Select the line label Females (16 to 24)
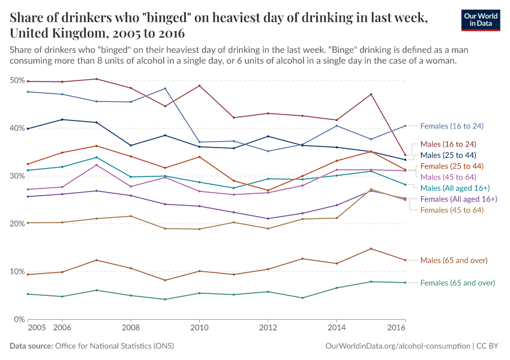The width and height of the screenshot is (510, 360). click(x=452, y=126)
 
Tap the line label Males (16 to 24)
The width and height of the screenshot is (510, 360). click(x=448, y=144)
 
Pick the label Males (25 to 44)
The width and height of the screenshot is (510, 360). click(x=448, y=155)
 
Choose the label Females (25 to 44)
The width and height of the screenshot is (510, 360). click(x=452, y=166)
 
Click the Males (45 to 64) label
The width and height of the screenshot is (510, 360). click(x=448, y=176)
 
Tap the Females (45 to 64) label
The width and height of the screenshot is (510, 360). click(x=452, y=209)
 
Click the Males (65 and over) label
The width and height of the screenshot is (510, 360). click(x=453, y=260)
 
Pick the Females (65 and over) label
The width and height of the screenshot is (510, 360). click(x=457, y=282)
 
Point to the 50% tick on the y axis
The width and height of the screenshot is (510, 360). click(x=17, y=80)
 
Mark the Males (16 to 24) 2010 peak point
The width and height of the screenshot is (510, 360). click(x=200, y=85)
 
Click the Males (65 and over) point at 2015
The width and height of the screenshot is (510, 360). click(x=371, y=248)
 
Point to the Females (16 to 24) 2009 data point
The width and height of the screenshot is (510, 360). click(x=166, y=88)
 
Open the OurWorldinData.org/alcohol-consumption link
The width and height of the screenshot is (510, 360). click(x=397, y=346)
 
